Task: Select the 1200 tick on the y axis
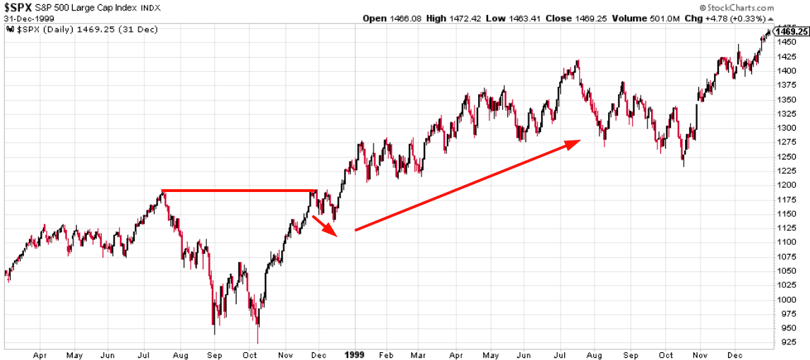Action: click(x=786, y=185)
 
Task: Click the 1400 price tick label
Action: click(x=786, y=71)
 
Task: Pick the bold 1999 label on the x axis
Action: click(x=354, y=354)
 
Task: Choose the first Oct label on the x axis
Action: click(x=249, y=354)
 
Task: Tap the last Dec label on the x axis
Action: click(x=735, y=354)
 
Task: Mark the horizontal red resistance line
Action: click(x=239, y=191)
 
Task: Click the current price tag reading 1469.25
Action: click(x=791, y=31)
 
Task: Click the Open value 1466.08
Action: click(x=405, y=18)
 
